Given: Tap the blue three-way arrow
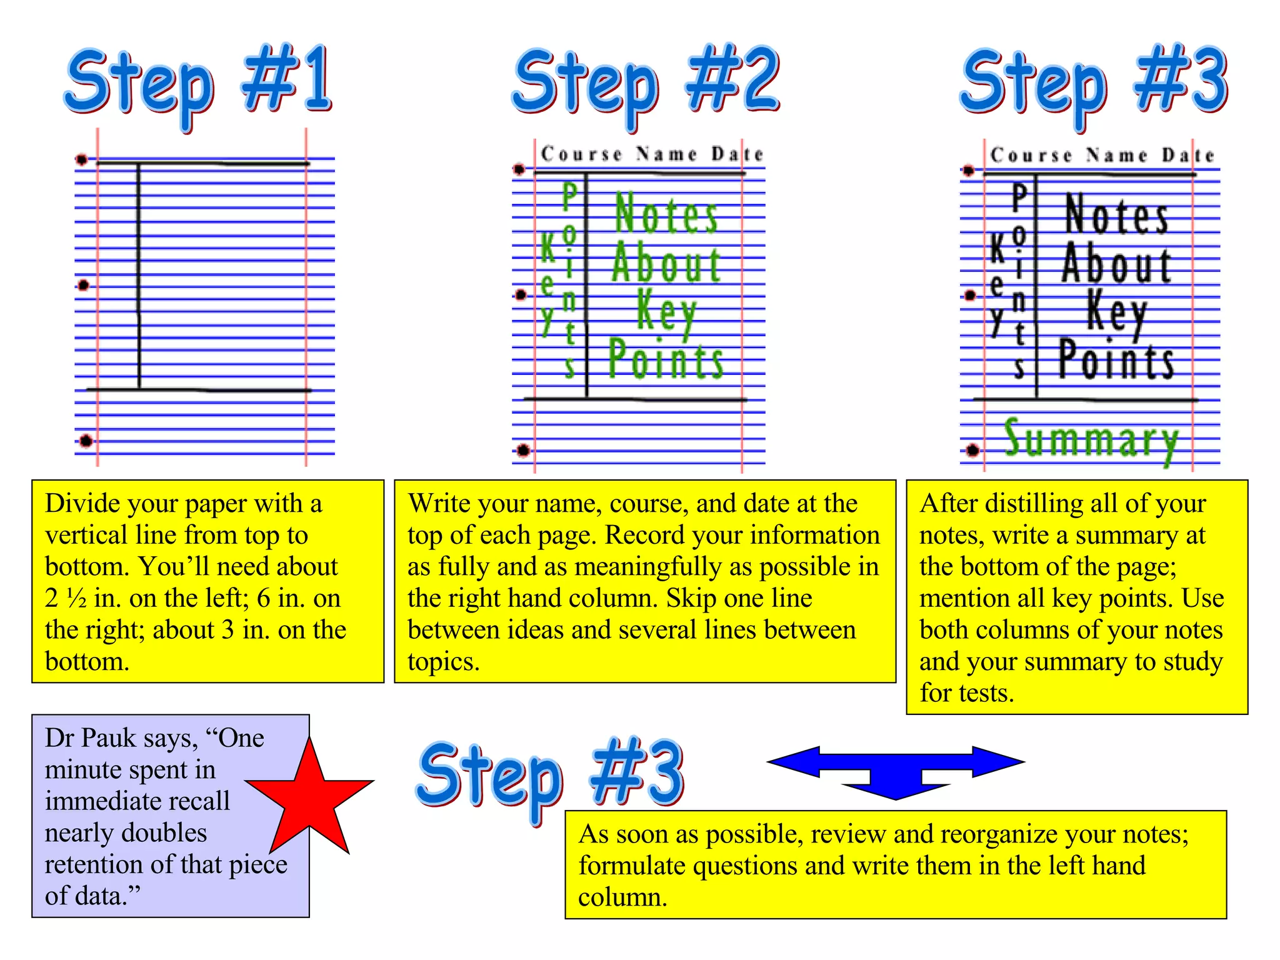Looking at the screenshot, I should (x=895, y=770).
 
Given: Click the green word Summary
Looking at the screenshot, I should (x=1091, y=439).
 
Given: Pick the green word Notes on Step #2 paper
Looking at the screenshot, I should (x=666, y=214).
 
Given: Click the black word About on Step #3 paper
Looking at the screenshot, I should (x=1116, y=264).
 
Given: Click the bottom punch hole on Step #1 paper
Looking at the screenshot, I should (x=86, y=441).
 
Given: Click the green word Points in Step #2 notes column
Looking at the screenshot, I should (x=666, y=359).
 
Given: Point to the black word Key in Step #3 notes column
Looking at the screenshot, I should (x=1116, y=311).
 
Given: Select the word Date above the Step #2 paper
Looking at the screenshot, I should (x=737, y=154).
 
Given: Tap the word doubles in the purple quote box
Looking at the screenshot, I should (x=164, y=833).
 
